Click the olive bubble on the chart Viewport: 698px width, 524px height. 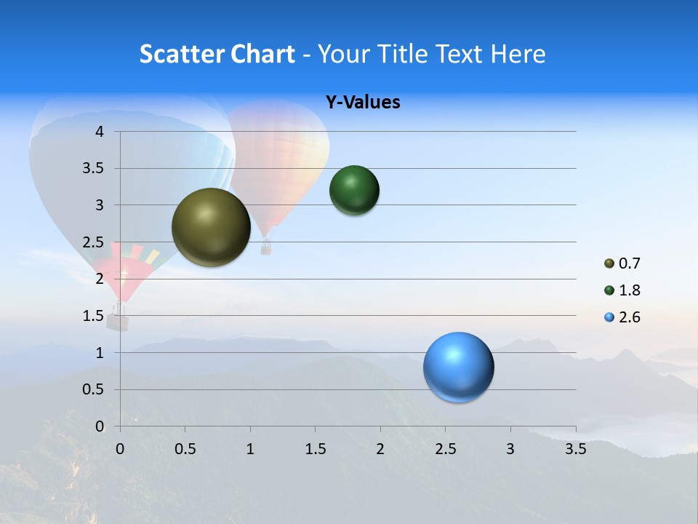[x=211, y=227]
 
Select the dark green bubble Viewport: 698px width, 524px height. [x=354, y=191]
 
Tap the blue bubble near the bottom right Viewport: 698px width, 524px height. [x=458, y=367]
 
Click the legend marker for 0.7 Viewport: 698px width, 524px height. [x=609, y=263]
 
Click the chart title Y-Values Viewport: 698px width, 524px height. [x=363, y=103]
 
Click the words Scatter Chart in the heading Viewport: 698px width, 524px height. [x=217, y=54]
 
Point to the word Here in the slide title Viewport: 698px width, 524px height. [x=518, y=54]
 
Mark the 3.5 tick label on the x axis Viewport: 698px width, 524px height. [x=575, y=448]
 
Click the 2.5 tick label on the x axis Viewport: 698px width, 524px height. [x=445, y=448]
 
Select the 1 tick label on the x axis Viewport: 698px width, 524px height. [x=250, y=448]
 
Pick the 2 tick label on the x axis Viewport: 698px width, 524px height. [x=380, y=448]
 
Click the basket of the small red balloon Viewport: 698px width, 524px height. [x=117, y=321]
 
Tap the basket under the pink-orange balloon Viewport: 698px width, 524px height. [x=266, y=250]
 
